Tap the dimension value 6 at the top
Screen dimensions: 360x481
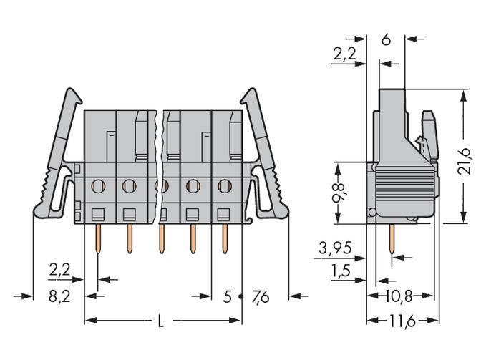[385, 40]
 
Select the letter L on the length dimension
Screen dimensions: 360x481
[160, 322]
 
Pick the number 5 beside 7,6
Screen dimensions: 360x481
[228, 296]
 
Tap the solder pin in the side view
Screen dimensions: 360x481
[392, 240]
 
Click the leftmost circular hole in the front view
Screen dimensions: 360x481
[97, 186]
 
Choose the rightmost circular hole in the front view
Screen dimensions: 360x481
[224, 186]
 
